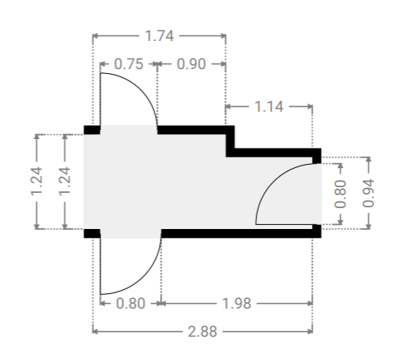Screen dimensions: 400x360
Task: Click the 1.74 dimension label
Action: point(159,36)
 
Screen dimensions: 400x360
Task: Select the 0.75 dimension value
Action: point(129,64)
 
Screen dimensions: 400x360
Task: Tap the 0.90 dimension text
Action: point(191,64)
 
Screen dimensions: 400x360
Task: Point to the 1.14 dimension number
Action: point(269,107)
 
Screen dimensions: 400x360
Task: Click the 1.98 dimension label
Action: point(237,304)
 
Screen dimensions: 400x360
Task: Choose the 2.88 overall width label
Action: point(202,332)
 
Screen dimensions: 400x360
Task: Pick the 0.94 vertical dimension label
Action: point(368,193)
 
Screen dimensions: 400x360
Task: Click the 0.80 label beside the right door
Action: point(341,194)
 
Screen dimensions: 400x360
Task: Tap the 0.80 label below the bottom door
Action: point(131,304)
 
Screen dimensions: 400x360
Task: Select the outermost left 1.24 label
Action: point(37,182)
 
